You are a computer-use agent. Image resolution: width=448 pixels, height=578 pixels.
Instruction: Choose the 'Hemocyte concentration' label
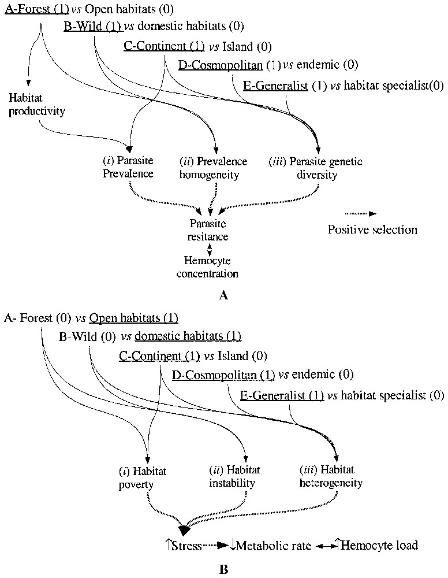(x=211, y=266)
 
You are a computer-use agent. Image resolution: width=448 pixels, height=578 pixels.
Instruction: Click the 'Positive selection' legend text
(x=372, y=229)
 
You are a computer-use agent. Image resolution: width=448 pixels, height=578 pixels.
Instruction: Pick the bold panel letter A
(x=225, y=295)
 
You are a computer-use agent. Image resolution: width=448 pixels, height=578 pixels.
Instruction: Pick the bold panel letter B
(x=225, y=569)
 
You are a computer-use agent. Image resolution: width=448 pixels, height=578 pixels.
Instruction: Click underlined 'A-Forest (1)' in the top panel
(x=35, y=10)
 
